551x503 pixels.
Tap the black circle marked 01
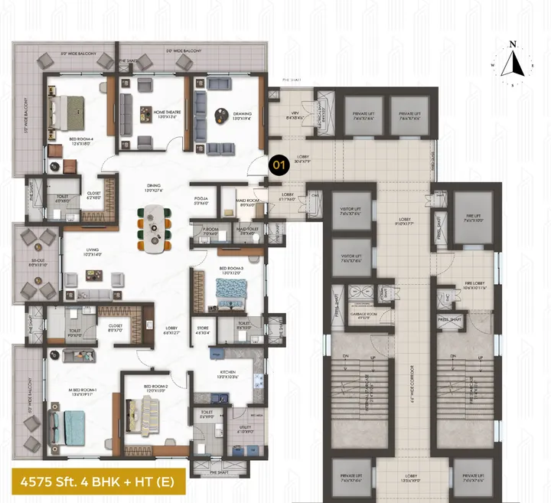point(279,163)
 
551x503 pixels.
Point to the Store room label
point(201,331)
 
